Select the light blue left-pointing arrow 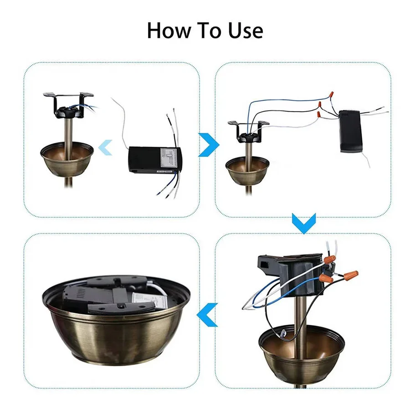coord(106,147)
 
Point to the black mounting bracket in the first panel coord(68,102)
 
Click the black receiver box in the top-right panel coord(350,131)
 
